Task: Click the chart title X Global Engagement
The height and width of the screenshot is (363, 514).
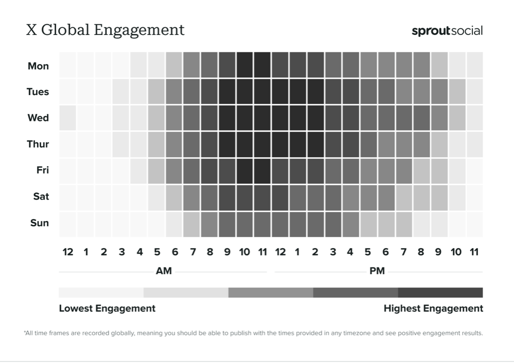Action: pyautogui.click(x=105, y=30)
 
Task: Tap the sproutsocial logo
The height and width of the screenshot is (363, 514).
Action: pyautogui.click(x=447, y=31)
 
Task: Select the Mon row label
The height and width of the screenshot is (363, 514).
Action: pyautogui.click(x=39, y=66)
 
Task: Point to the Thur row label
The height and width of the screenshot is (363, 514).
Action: pyautogui.click(x=38, y=144)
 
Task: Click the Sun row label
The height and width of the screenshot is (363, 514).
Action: pyautogui.click(x=40, y=223)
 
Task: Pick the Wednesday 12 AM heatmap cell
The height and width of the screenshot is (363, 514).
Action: pyautogui.click(x=67, y=118)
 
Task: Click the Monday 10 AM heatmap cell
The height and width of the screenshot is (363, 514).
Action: pyautogui.click(x=245, y=65)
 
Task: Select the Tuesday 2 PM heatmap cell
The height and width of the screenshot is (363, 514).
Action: pyautogui.click(x=315, y=92)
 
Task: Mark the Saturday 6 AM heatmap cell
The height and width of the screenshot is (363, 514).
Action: pyautogui.click(x=174, y=197)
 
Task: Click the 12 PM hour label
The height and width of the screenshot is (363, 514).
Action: pyautogui.click(x=280, y=252)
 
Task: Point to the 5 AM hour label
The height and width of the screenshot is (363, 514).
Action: pyautogui.click(x=157, y=252)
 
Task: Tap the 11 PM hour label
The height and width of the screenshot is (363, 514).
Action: pyautogui.click(x=474, y=252)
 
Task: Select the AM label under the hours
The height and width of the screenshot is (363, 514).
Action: pyautogui.click(x=164, y=271)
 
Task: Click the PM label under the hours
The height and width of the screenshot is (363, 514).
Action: pyautogui.click(x=377, y=271)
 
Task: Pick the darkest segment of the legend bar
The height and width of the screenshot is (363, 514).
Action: pyautogui.click(x=440, y=293)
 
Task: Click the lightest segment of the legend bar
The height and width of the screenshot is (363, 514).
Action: pyautogui.click(x=101, y=293)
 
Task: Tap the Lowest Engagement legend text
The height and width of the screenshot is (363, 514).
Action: pyautogui.click(x=107, y=308)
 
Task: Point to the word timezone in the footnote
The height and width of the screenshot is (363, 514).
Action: pyautogui.click(x=356, y=333)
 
